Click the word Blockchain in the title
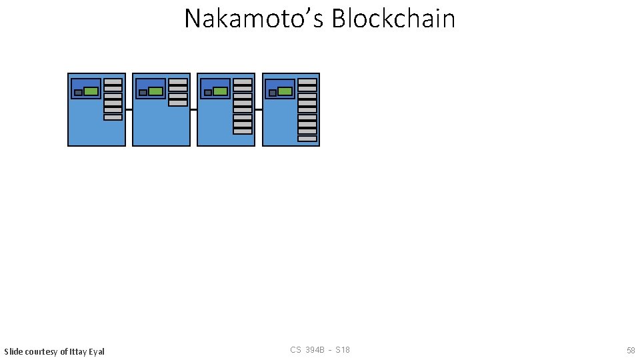[x=393, y=19]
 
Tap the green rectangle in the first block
[x=91, y=91]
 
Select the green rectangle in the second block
[x=156, y=91]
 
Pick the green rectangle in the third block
[x=221, y=91]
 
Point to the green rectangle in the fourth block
[x=285, y=91]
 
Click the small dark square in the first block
[x=78, y=93]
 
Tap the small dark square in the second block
[x=143, y=93]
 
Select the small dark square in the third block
[x=207, y=93]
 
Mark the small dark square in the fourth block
[x=272, y=93]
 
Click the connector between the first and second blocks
[x=129, y=109]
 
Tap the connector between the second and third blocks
[x=193, y=109]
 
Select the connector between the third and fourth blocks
[x=258, y=109]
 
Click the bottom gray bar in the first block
[x=113, y=117]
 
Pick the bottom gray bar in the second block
[x=178, y=103]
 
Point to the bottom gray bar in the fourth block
[x=307, y=139]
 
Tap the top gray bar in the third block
[x=243, y=81]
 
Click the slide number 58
[x=631, y=350]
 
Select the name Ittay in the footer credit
[x=78, y=351]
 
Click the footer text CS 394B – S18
[x=320, y=350]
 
